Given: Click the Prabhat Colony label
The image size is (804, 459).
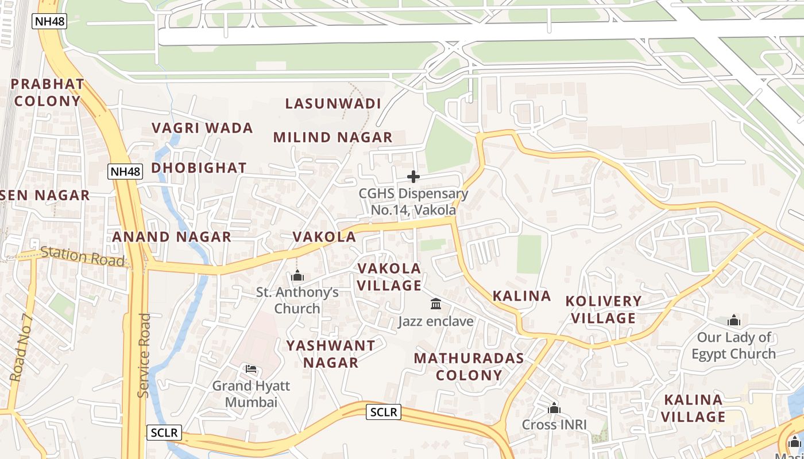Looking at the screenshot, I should (48, 92).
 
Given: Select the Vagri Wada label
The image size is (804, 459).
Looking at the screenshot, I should (202, 128).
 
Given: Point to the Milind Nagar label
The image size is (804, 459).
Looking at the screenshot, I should (333, 138).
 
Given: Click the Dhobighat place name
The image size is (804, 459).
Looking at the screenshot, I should (199, 168).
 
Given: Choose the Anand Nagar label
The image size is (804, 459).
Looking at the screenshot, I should (172, 237).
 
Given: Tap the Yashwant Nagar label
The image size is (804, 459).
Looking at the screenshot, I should (331, 354).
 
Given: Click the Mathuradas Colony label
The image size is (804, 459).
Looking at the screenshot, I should (469, 367).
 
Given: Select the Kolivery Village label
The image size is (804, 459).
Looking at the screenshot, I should (603, 309).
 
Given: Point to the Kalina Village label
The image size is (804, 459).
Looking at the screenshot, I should (694, 408).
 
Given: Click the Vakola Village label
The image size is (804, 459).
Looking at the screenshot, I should (389, 277).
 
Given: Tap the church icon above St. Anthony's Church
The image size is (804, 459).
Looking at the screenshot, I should (297, 276).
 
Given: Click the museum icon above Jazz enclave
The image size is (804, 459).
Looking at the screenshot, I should (436, 304).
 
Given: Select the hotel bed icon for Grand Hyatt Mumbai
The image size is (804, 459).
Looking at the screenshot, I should (250, 369).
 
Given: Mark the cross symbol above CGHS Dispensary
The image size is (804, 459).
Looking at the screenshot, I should (413, 177).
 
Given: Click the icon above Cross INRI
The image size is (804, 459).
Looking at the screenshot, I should (554, 408).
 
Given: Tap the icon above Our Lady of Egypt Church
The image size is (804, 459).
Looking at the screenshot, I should (733, 320).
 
